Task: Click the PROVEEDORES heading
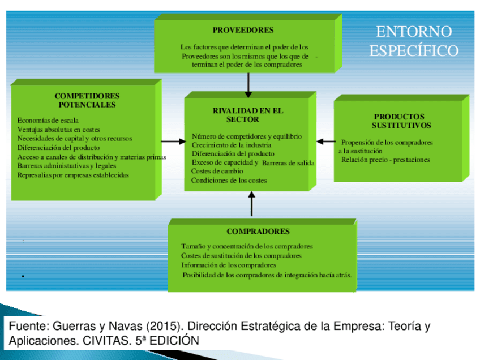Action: pyautogui.click(x=243, y=30)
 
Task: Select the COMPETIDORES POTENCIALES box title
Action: pyautogui.click(x=87, y=100)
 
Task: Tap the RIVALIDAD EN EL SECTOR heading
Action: pyautogui.click(x=247, y=115)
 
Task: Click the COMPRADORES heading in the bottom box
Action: pyautogui.click(x=258, y=232)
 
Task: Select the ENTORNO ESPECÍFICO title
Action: pyautogui.click(x=414, y=41)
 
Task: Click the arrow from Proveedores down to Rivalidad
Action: pyautogui.click(x=248, y=85)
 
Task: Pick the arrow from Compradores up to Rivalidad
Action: pyautogui.click(x=252, y=204)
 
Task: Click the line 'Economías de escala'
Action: pyautogui.click(x=48, y=120)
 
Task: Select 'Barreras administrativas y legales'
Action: pyautogui.click(x=67, y=166)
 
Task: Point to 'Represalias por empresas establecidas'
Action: pyautogui.click(x=73, y=175)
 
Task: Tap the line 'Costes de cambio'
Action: pyautogui.click(x=217, y=171)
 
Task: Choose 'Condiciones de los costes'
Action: pyautogui.click(x=229, y=181)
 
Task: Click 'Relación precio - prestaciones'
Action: pyautogui.click(x=385, y=160)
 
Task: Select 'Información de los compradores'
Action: pyautogui.click(x=229, y=265)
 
